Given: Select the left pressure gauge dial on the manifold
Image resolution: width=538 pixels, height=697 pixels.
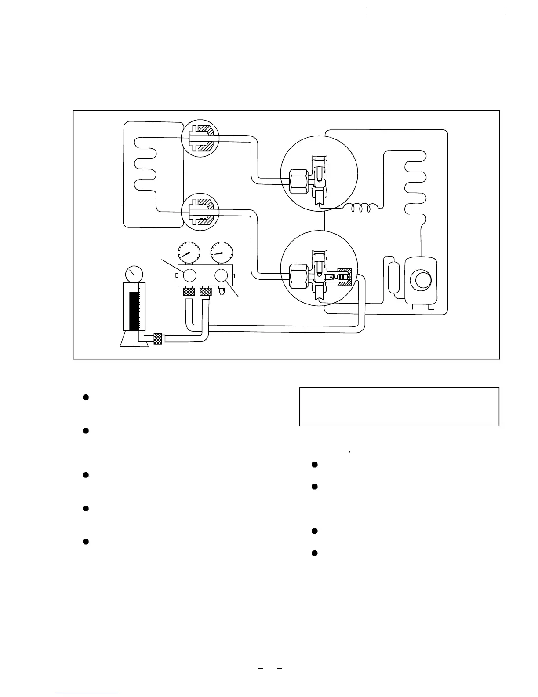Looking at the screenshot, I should (188, 252).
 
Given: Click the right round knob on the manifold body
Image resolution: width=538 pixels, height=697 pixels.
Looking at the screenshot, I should (222, 275).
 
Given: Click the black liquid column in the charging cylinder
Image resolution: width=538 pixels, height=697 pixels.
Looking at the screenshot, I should (133, 310).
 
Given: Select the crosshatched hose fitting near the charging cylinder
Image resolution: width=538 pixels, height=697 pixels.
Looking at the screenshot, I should (157, 339).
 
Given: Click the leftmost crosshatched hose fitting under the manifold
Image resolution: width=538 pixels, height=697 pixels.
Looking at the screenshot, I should (189, 292).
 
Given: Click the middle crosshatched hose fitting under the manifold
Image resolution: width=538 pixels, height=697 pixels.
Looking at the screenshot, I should (205, 292).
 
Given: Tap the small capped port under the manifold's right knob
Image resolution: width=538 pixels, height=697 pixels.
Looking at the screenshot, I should (222, 291).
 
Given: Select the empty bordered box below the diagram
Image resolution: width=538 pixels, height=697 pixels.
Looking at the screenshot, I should (399, 407).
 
